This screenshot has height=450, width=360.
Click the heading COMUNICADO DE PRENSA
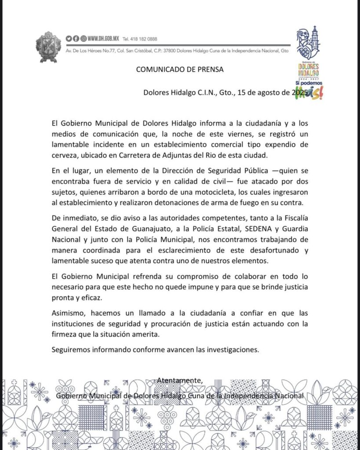coord(179,69)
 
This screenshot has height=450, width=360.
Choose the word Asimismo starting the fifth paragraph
coord(66,315)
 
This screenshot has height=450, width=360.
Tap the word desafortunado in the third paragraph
coord(274,250)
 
